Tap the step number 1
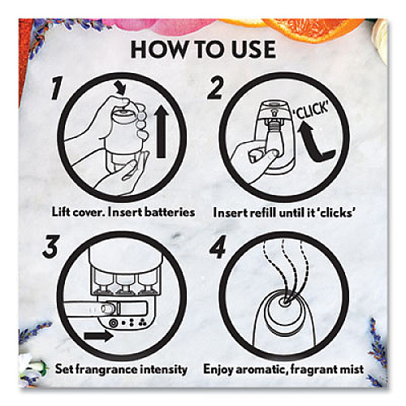58,88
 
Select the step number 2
215,88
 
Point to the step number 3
50,246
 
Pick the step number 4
218,247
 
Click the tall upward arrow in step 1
162,132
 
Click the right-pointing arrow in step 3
98,336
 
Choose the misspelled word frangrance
109,369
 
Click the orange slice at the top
311,28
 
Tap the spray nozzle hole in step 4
284,301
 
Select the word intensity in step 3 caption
166,369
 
